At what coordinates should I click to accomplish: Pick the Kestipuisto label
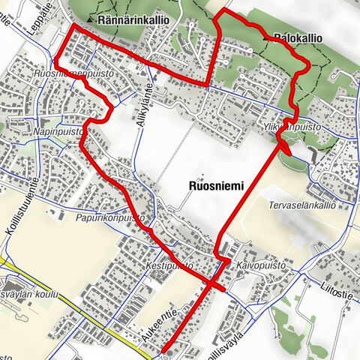[x=169, y=265]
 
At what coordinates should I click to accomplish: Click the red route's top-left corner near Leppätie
[x=73, y=27]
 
